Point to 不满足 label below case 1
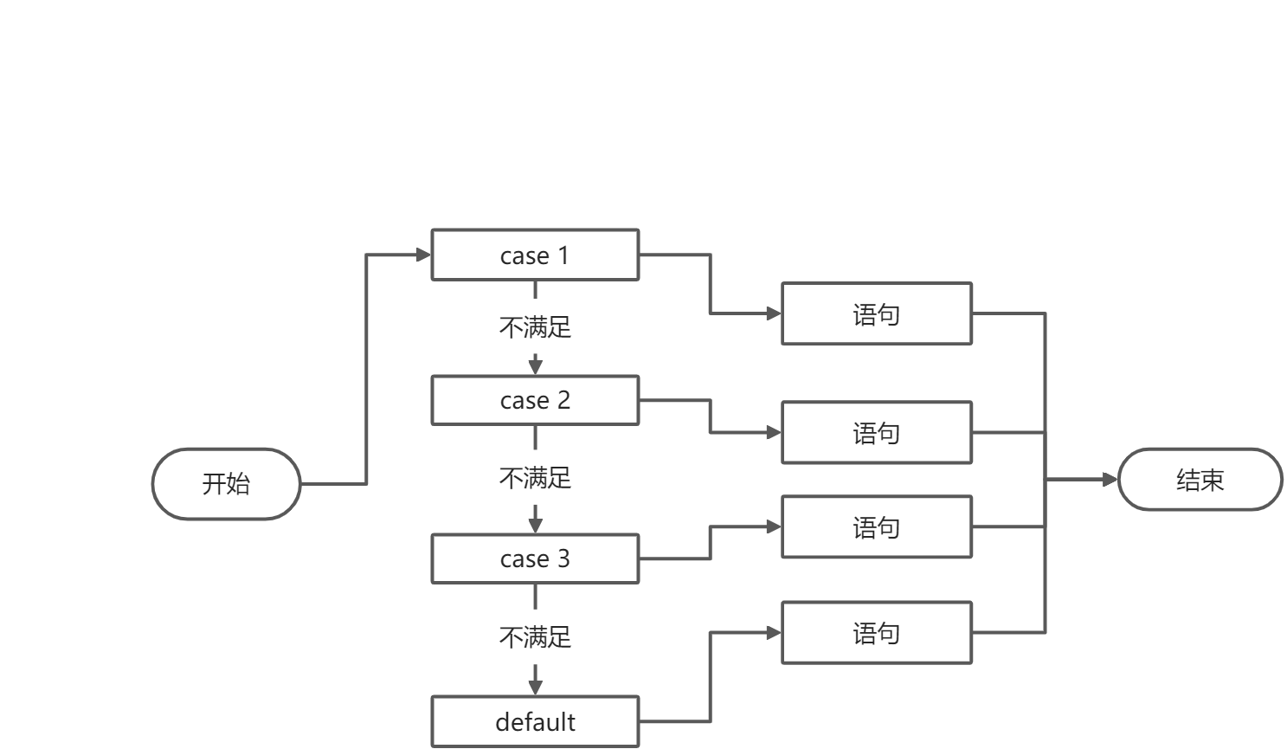pyautogui.click(x=535, y=327)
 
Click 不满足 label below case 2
pyautogui.click(x=535, y=478)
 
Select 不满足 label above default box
pyautogui.click(x=535, y=637)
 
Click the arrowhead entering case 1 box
pyautogui.click(x=423, y=255)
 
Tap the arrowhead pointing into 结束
pyautogui.click(x=1110, y=480)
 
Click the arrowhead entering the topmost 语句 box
pyautogui.click(x=774, y=313)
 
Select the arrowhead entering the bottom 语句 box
pyautogui.click(x=774, y=633)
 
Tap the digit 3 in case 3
pyautogui.click(x=563, y=559)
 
